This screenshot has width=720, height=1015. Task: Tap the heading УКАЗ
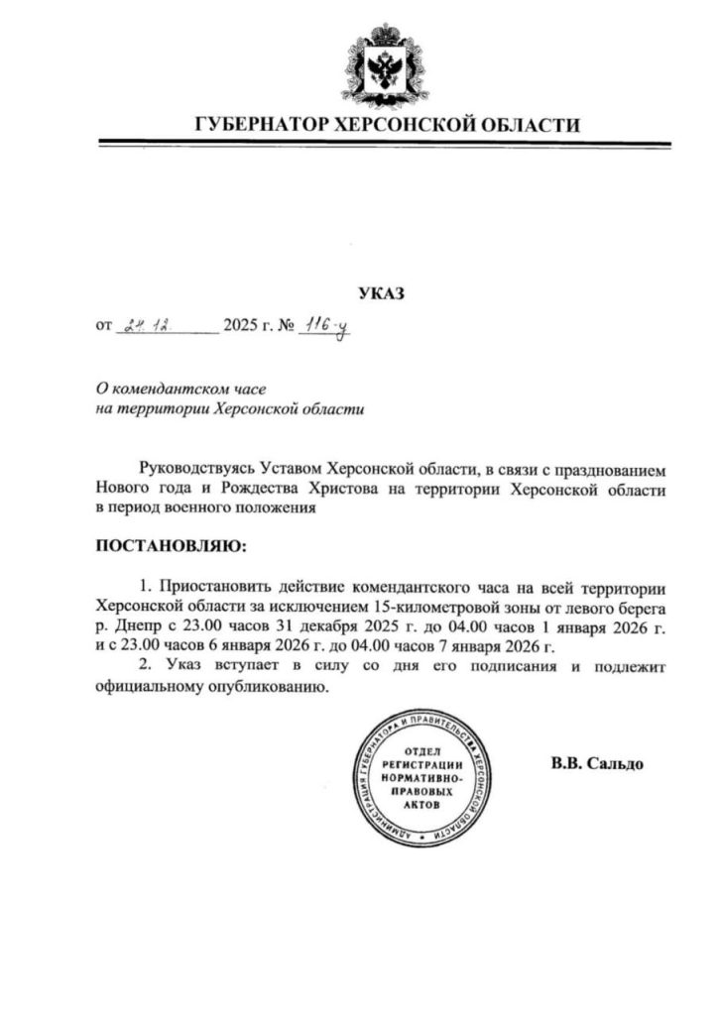tap(382, 293)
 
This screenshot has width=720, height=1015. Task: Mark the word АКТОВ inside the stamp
tap(421, 806)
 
